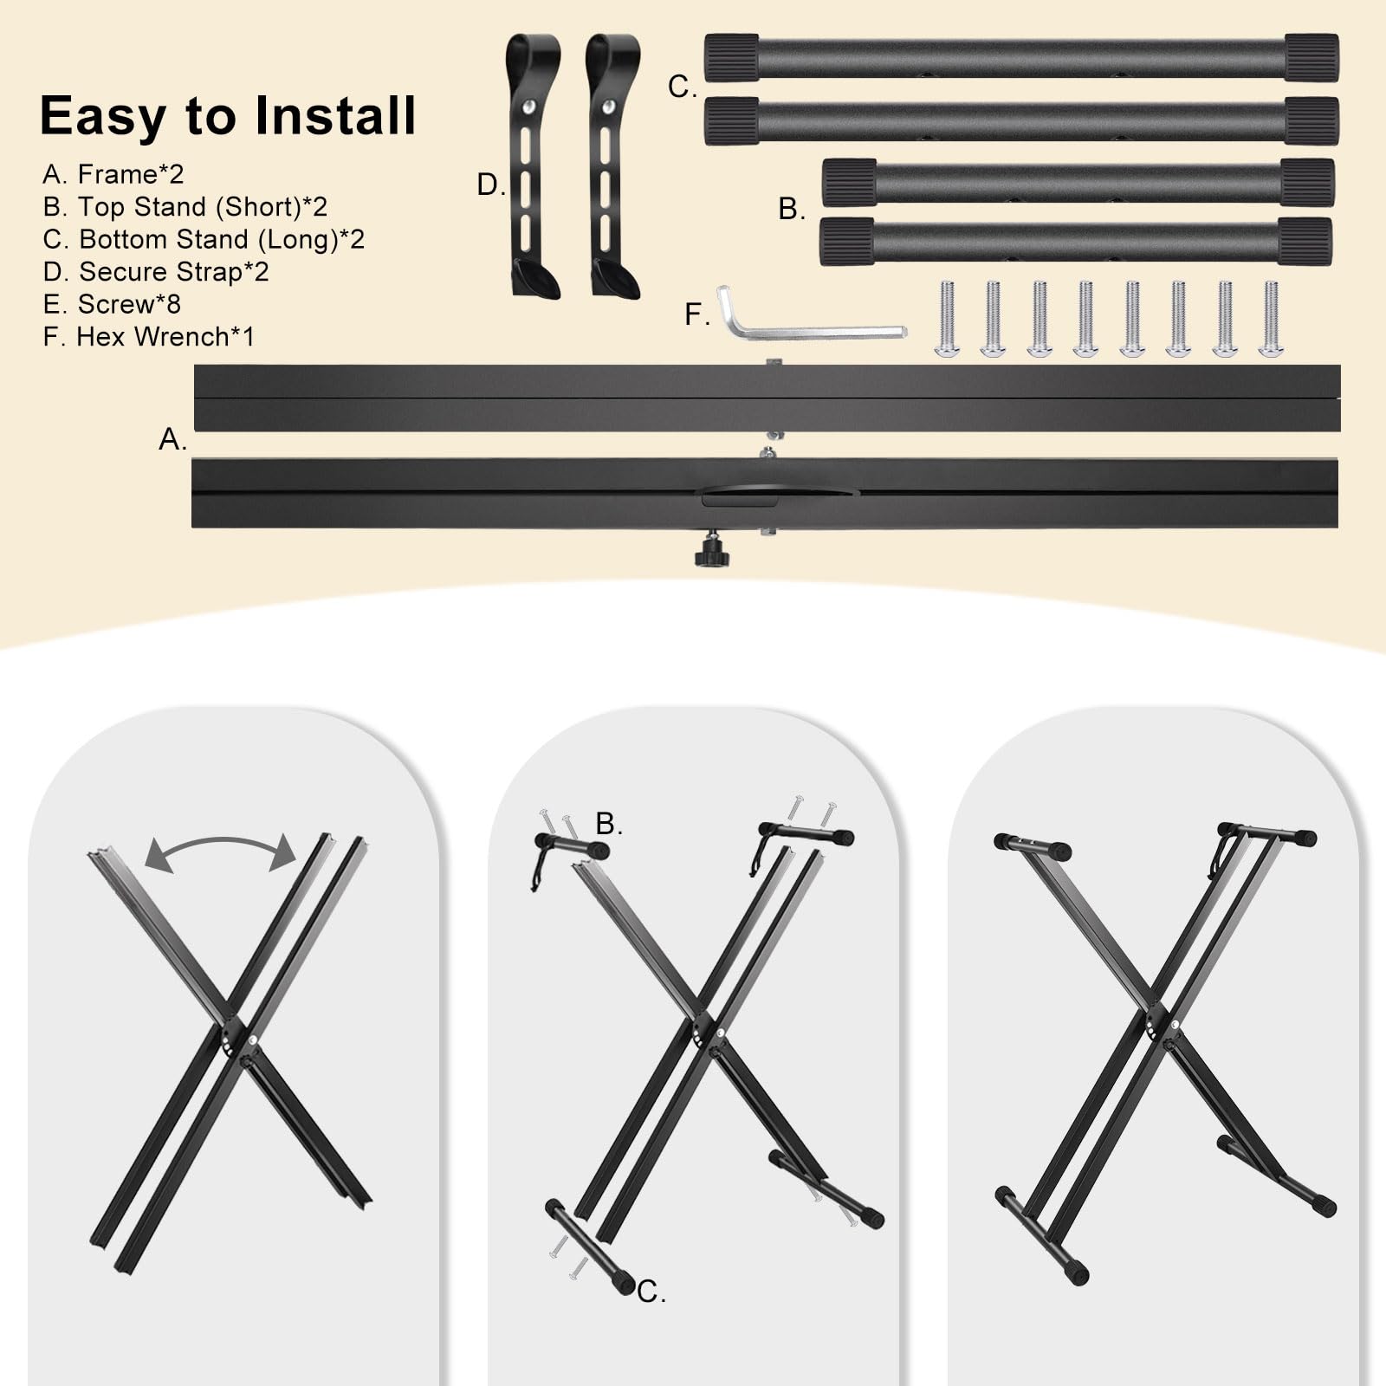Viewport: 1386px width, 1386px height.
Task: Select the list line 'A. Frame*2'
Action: click(x=113, y=174)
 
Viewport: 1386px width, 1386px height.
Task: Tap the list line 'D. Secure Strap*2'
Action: click(x=156, y=272)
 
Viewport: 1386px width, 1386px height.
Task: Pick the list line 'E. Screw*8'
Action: click(x=112, y=304)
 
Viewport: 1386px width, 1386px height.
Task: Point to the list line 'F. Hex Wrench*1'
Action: click(x=149, y=337)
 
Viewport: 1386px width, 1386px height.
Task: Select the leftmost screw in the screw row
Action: click(x=947, y=319)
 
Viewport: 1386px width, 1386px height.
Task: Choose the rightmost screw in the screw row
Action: click(x=1271, y=319)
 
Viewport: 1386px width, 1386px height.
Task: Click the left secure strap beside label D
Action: click(x=531, y=165)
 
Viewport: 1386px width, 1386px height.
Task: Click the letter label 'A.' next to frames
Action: click(x=172, y=440)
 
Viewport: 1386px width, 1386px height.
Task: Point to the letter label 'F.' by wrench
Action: click(x=697, y=314)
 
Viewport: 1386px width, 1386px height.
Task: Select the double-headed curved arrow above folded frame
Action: click(x=221, y=851)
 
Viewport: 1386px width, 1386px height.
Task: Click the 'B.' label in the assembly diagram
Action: click(x=609, y=824)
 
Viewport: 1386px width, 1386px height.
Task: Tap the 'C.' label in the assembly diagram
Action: click(x=651, y=1292)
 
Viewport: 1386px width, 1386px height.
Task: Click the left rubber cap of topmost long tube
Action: click(x=732, y=58)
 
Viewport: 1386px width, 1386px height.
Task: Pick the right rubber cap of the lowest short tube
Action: click(x=1305, y=242)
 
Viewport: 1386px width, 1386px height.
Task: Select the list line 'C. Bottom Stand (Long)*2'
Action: click(x=204, y=239)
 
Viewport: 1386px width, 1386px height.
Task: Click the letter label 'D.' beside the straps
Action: click(x=491, y=185)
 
